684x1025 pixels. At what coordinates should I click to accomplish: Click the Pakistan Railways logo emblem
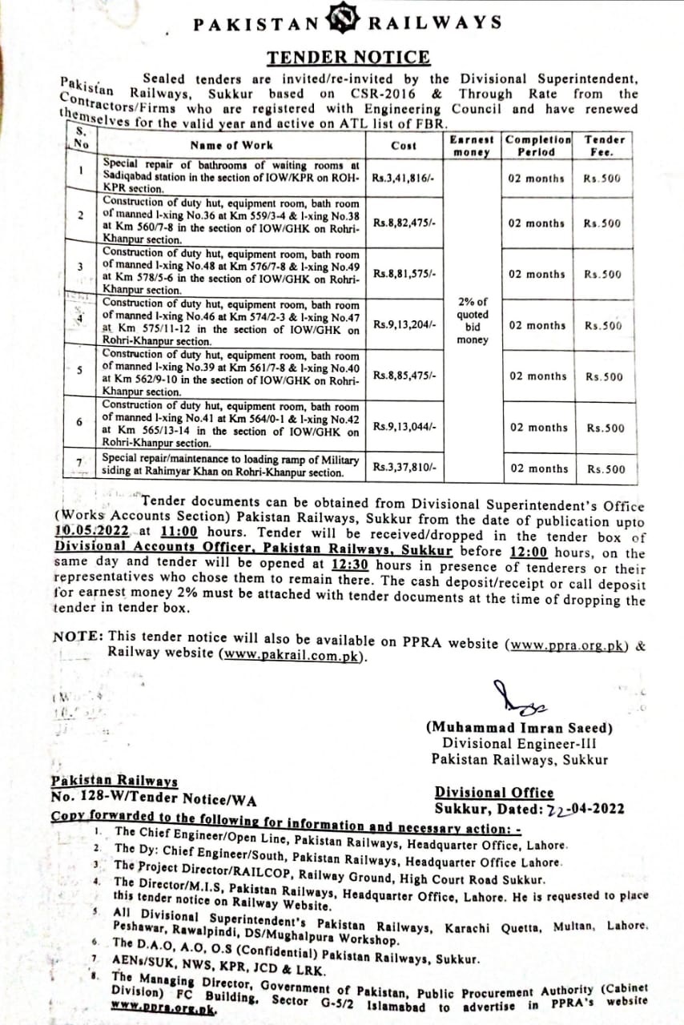pyautogui.click(x=343, y=22)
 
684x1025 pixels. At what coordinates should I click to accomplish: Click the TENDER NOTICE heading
pyautogui.click(x=348, y=58)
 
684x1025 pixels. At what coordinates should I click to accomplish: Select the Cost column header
pyautogui.click(x=403, y=145)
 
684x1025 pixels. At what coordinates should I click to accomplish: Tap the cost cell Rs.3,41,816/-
pyautogui.click(x=403, y=179)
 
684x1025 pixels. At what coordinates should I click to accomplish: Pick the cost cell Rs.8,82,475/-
pyautogui.click(x=404, y=223)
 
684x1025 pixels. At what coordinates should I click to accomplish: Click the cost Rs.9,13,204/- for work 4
pyautogui.click(x=404, y=324)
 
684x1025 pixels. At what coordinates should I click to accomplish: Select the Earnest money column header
pyautogui.click(x=472, y=145)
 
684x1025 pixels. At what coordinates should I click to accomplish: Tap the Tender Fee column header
pyautogui.click(x=604, y=145)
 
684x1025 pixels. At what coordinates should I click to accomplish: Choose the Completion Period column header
pyautogui.click(x=537, y=145)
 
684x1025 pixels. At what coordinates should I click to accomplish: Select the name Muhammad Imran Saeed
pyautogui.click(x=519, y=728)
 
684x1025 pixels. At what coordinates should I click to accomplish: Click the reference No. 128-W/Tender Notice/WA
pyautogui.click(x=153, y=798)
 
